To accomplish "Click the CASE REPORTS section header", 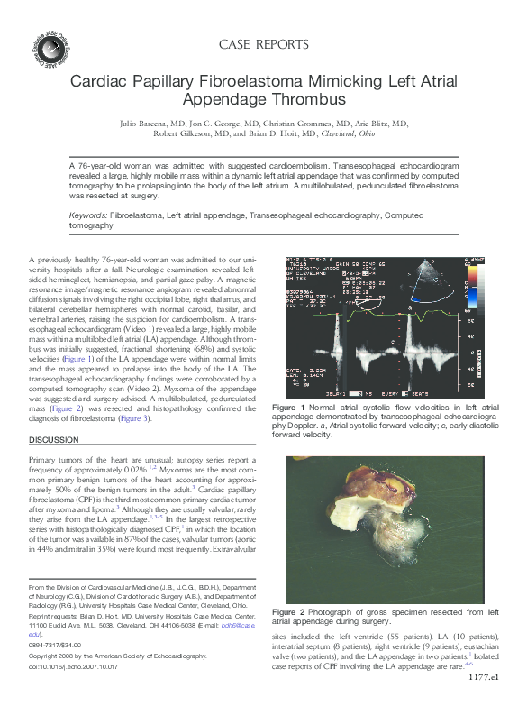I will tap(263, 44).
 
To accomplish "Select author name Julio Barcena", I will tap(170, 122).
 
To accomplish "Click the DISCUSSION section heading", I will tap(54, 439).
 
